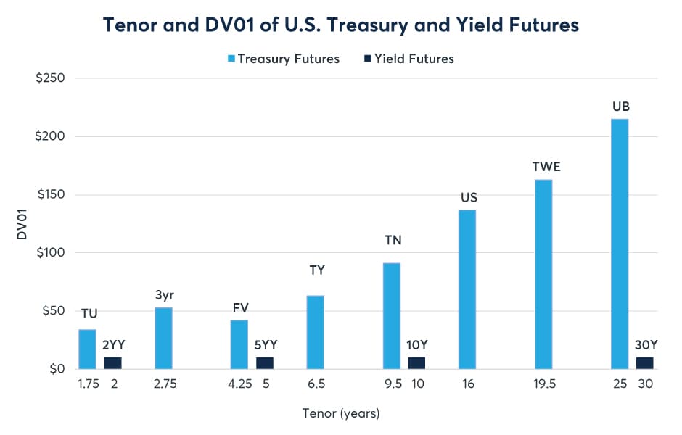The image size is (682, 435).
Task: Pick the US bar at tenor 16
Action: coord(467,289)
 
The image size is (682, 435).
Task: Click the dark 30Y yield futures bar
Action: coord(644,363)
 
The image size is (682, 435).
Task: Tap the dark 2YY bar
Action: coord(113,363)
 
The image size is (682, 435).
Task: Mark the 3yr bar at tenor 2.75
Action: coord(163,338)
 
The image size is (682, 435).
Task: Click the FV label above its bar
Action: coord(239,307)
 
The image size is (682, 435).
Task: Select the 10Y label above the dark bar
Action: coord(416,344)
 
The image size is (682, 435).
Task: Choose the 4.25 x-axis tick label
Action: coord(239,384)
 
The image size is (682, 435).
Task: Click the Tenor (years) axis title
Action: coord(340,414)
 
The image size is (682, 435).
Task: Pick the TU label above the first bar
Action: coord(88,313)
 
